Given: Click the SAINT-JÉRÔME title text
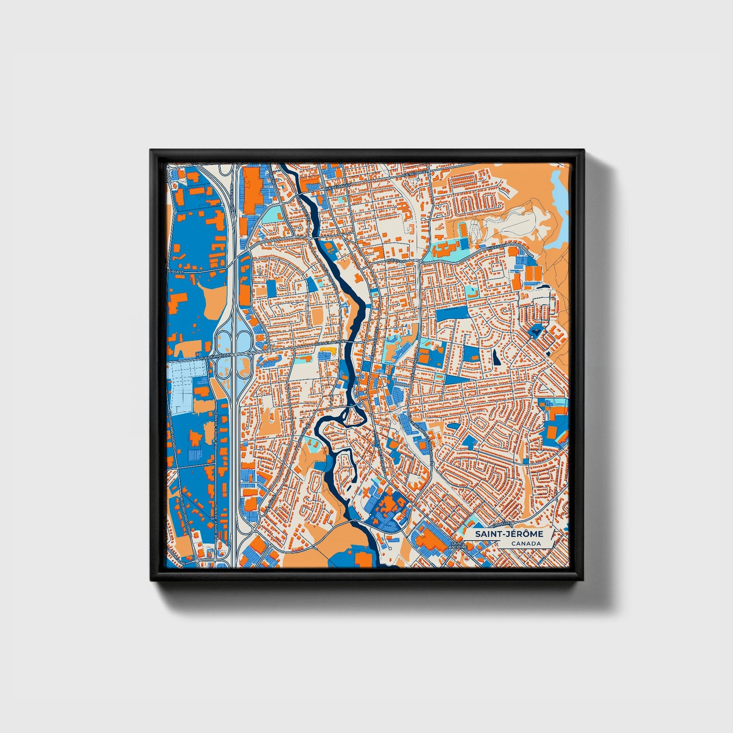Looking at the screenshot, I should pos(509,534).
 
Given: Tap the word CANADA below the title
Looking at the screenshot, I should pos(526,544).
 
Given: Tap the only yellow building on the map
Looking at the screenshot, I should pos(327,350).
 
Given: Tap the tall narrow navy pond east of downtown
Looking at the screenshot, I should pos(496,358).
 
